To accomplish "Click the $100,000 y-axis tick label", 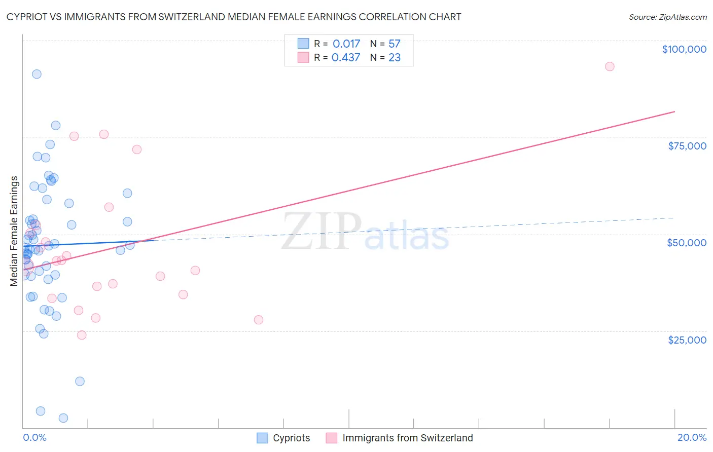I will click(x=684, y=49).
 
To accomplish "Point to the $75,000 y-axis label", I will click(x=687, y=146).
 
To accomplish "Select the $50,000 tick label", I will click(x=687, y=243).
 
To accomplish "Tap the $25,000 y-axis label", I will click(x=687, y=340).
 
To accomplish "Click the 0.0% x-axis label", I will click(x=34, y=437).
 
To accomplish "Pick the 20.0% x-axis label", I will click(x=692, y=437).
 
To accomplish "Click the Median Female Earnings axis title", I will click(x=14, y=231).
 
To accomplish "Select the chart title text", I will click(x=234, y=17).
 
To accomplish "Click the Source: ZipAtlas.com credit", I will click(x=667, y=17).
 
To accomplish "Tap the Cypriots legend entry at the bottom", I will click(x=283, y=438).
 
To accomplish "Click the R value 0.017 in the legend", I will click(x=346, y=44).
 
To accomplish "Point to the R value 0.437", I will click(x=346, y=58).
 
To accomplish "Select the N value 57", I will click(x=395, y=44).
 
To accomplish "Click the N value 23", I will click(x=395, y=58).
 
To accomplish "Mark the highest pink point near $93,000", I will click(x=610, y=66).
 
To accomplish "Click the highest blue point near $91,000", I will click(x=37, y=74).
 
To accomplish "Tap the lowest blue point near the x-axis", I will click(x=63, y=418).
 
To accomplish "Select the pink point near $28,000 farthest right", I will click(x=259, y=320).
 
